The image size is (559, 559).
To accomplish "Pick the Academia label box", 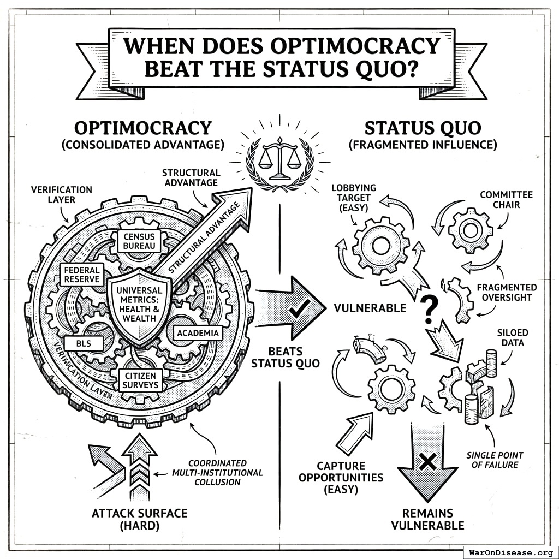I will pyautogui.click(x=198, y=332).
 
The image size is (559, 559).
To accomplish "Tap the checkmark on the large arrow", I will pyautogui.click(x=298, y=310).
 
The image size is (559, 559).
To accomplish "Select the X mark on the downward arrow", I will pyautogui.click(x=427, y=462).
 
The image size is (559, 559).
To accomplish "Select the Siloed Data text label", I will pyautogui.click(x=513, y=337).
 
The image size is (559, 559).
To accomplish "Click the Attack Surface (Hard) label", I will pyautogui.click(x=139, y=519).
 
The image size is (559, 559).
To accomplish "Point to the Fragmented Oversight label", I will pyautogui.click(x=506, y=293).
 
